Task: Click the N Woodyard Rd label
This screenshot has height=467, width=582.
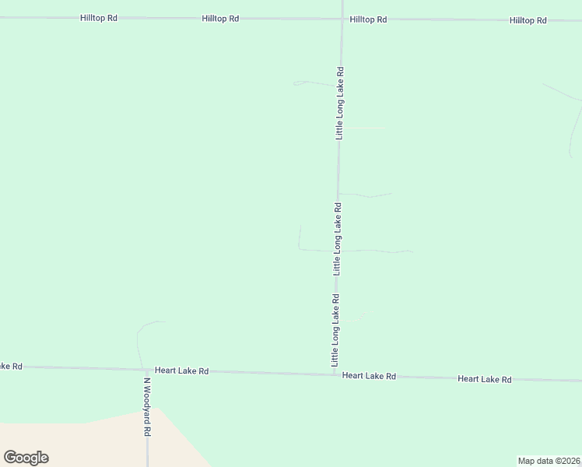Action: click(x=146, y=408)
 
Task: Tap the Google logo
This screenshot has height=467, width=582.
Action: click(x=26, y=458)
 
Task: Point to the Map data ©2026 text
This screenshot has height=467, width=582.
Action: click(x=549, y=460)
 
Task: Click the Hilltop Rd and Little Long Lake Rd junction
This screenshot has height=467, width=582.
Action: click(x=342, y=19)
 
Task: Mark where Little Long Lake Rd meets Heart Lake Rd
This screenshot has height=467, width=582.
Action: click(x=335, y=374)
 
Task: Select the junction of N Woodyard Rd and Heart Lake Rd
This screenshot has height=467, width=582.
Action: click(x=145, y=370)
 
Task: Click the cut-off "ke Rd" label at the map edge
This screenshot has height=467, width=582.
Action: click(x=11, y=366)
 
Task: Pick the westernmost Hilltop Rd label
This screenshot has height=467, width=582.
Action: click(x=99, y=17)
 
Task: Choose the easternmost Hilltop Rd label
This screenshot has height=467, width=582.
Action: click(x=528, y=20)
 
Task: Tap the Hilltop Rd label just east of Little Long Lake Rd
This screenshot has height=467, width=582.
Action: click(x=368, y=19)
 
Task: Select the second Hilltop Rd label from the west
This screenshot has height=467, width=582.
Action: click(x=220, y=18)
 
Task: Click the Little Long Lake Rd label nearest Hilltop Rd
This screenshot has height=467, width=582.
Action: click(x=340, y=103)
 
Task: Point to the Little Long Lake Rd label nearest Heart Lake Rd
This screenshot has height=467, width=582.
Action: click(x=335, y=330)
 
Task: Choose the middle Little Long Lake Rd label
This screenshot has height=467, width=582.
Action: click(x=338, y=239)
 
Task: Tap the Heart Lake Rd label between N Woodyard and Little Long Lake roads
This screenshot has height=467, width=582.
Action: click(x=181, y=371)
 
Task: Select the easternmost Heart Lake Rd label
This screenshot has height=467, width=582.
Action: click(x=484, y=379)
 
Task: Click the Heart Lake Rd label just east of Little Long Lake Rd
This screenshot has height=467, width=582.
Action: click(x=370, y=376)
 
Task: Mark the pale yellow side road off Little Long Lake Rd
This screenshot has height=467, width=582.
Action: click(x=366, y=128)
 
